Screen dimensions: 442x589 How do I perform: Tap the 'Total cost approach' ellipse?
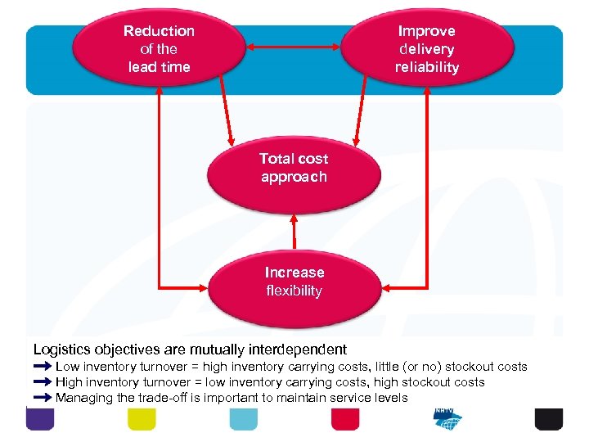(x=294, y=169)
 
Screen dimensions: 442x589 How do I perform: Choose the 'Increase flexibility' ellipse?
(x=294, y=282)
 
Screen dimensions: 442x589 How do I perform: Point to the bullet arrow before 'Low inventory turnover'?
(x=43, y=367)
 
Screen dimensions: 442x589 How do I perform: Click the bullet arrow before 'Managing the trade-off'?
(x=43, y=398)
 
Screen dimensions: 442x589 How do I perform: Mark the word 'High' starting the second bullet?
(x=70, y=382)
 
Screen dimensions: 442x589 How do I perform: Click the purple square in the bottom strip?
(x=40, y=418)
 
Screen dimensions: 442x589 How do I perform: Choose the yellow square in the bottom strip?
(x=142, y=418)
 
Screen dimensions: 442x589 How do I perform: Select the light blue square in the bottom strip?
(x=243, y=418)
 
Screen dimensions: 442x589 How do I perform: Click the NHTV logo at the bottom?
(x=447, y=418)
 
